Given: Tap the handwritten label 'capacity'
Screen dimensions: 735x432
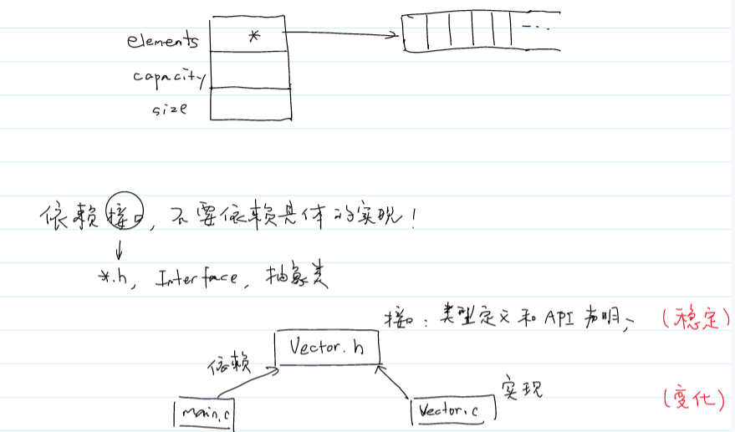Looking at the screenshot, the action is click(168, 77).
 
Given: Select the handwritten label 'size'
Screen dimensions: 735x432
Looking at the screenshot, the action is click(169, 109).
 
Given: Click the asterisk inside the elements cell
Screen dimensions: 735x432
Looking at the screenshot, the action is click(254, 36).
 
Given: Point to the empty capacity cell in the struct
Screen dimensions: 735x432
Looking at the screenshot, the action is click(249, 69).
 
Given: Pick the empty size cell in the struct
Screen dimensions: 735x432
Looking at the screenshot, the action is click(249, 103).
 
